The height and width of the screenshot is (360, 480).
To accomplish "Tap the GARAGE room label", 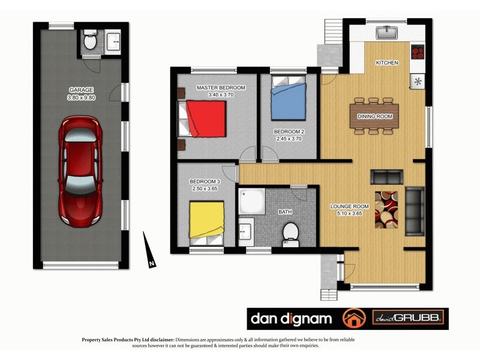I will coord(81,91).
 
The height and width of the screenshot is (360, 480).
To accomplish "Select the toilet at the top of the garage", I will coord(90,41).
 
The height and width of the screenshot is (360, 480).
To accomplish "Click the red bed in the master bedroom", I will coord(204,119).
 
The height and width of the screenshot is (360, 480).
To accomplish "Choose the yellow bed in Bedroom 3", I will coord(207,220).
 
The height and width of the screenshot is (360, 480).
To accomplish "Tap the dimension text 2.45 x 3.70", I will coord(289,138).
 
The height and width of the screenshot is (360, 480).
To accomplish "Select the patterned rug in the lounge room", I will coord(386,209).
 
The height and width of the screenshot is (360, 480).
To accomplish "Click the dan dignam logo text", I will coord(292,317).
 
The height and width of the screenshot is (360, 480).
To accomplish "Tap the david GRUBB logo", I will coord(409,317).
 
